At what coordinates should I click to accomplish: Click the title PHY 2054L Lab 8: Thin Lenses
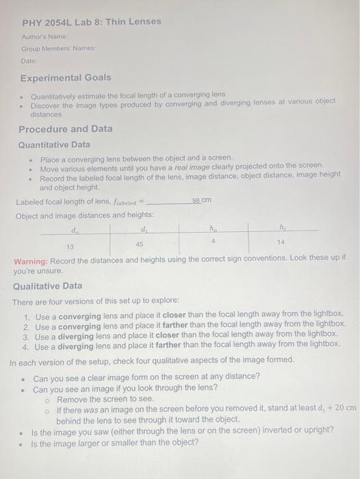click(91, 21)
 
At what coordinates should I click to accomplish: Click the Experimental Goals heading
click(66, 78)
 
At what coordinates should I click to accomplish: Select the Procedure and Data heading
click(66, 129)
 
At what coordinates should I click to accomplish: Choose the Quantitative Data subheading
click(54, 144)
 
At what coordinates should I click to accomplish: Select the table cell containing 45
click(140, 244)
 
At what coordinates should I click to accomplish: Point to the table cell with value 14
click(281, 242)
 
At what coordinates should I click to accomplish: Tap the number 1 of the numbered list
click(26, 317)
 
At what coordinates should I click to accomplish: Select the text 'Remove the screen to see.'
click(105, 398)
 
